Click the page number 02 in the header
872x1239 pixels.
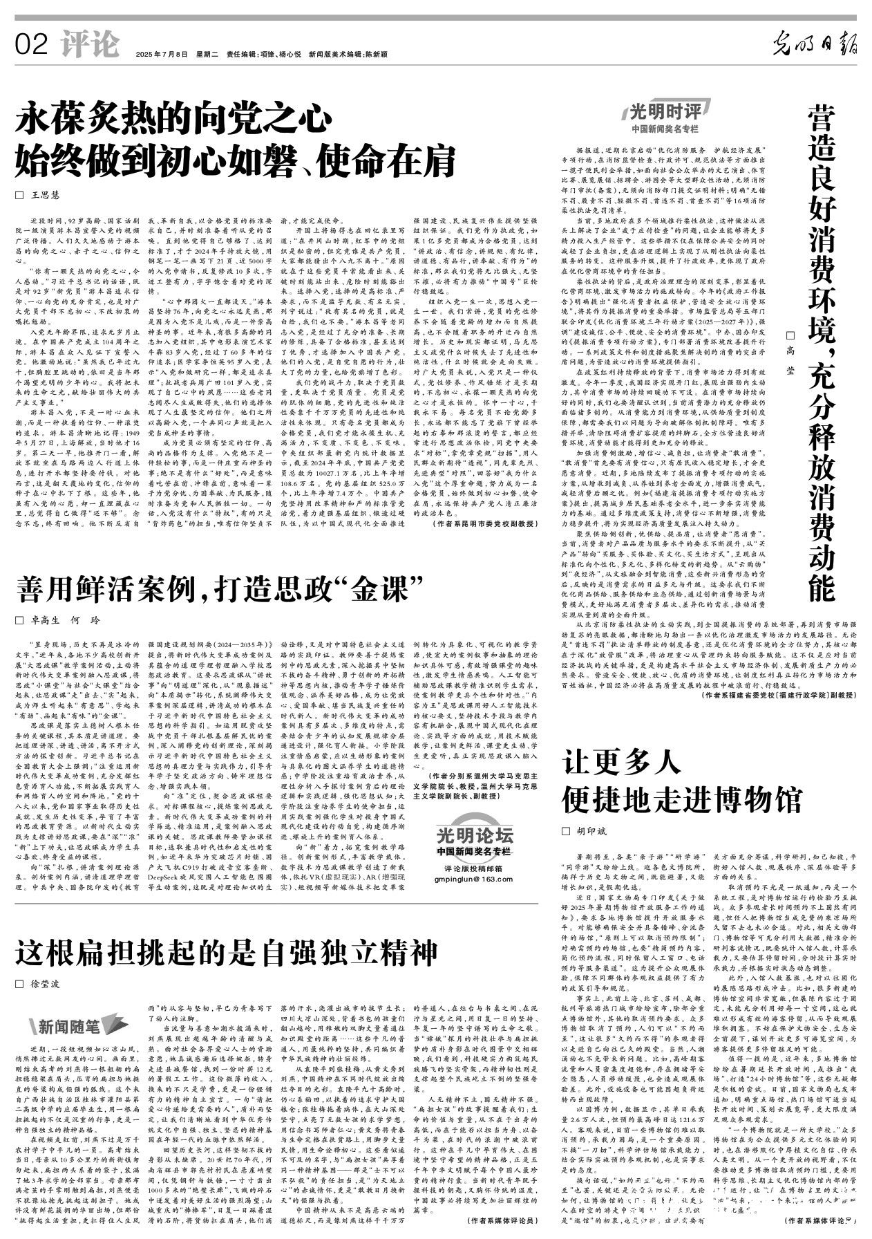coord(30,46)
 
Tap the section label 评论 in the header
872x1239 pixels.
coord(88,46)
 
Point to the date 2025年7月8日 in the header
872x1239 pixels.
coord(162,53)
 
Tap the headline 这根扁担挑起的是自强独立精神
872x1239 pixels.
coord(218,953)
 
